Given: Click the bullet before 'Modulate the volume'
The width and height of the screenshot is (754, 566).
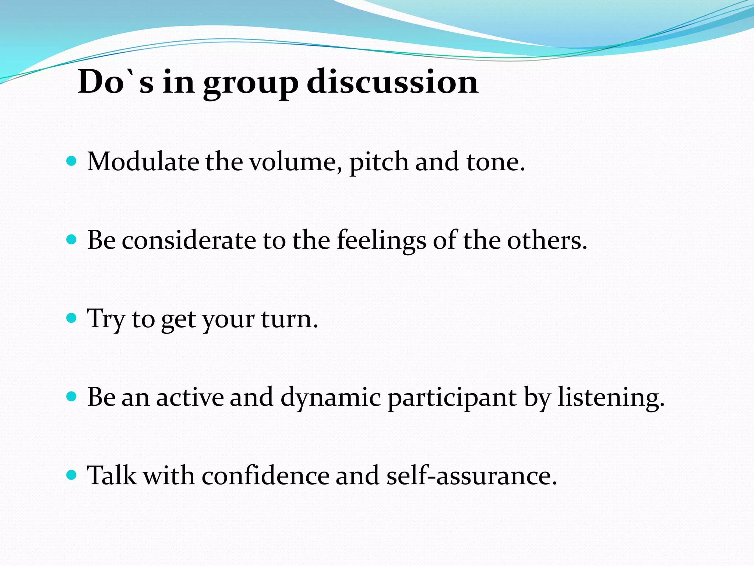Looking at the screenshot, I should (x=71, y=161).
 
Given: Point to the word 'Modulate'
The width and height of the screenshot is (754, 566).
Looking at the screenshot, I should (x=143, y=162).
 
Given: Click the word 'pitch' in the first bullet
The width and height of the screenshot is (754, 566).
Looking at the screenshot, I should (x=379, y=163).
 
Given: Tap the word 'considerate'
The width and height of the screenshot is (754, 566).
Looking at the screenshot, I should (x=189, y=241).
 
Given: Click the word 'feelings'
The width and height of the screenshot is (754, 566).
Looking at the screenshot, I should (x=381, y=241).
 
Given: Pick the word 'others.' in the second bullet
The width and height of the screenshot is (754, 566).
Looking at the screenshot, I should (x=547, y=241).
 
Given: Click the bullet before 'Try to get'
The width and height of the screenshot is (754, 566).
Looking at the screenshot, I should (x=71, y=318).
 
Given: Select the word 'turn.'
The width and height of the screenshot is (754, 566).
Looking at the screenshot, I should (x=289, y=319).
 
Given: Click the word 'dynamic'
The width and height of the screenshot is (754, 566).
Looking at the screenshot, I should (x=330, y=398).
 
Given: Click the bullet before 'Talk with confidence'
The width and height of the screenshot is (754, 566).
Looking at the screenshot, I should (x=71, y=475).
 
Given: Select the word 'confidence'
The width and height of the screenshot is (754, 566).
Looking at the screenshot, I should (x=265, y=476).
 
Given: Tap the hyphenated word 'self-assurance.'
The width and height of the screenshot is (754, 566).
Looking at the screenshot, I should (x=472, y=476).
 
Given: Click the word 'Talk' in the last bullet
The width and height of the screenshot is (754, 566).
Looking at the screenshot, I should (x=112, y=476).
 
